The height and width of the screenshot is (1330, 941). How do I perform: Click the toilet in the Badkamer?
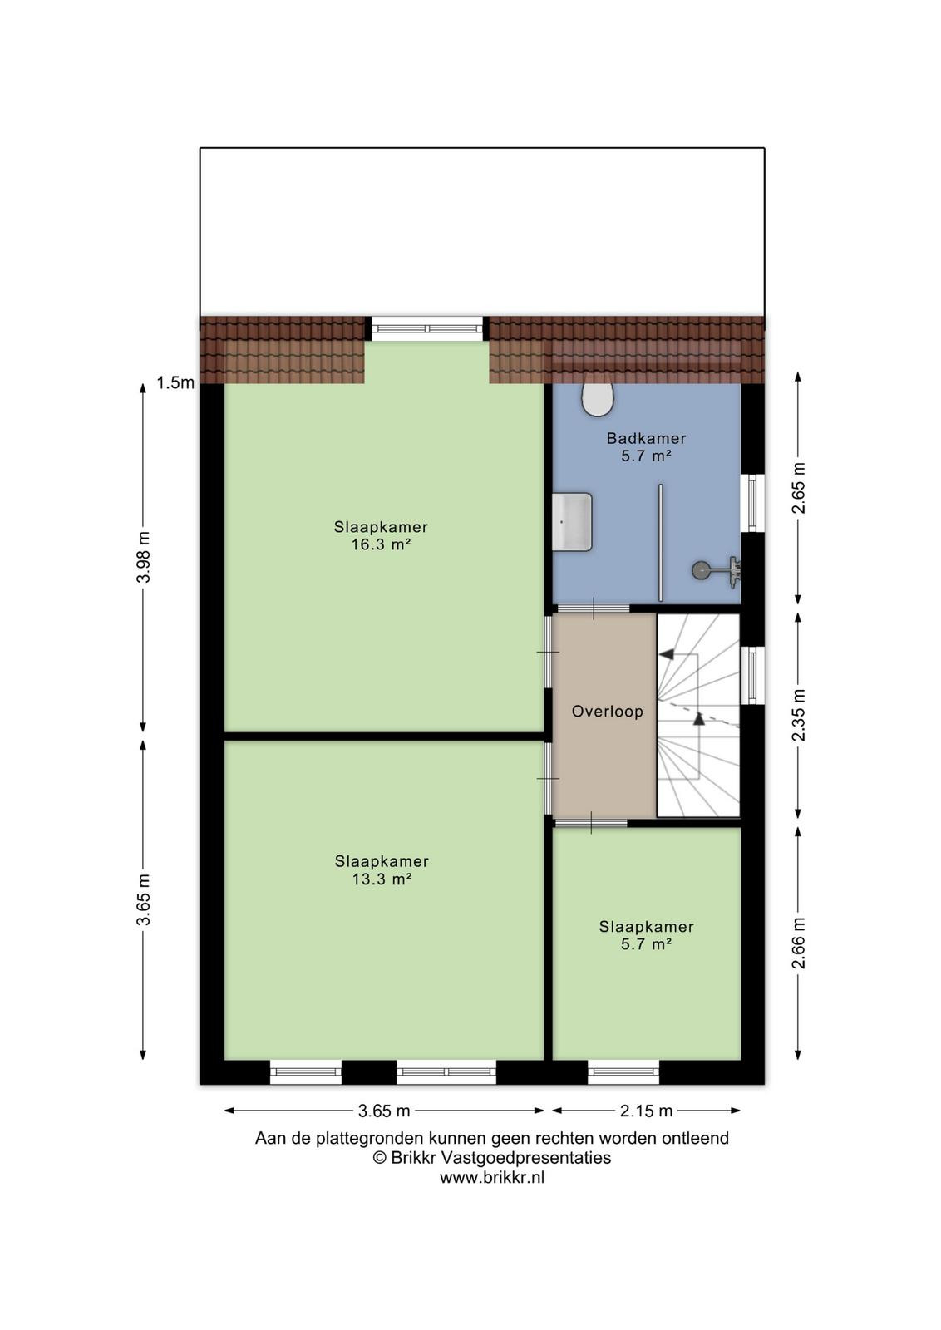[597, 399]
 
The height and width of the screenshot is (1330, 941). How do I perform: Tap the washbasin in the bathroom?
[572, 521]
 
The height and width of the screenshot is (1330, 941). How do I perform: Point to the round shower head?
[700, 570]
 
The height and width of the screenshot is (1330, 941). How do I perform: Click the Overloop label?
[607, 712]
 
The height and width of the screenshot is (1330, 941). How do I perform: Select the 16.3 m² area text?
[382, 544]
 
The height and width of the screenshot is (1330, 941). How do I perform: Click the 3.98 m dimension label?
[144, 557]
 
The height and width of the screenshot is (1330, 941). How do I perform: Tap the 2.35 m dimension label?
[799, 715]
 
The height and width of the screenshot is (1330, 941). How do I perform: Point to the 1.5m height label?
[175, 383]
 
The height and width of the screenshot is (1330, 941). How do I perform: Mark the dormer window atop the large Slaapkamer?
[427, 328]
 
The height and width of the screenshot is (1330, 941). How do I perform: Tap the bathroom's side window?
[752, 502]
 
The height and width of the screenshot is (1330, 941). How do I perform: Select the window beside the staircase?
[752, 674]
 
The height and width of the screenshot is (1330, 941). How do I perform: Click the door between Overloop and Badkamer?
[593, 608]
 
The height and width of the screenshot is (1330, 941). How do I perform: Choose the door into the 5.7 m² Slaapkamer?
[591, 823]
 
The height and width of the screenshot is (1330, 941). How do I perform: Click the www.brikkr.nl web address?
[492, 1177]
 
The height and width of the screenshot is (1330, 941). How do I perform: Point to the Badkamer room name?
[646, 439]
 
